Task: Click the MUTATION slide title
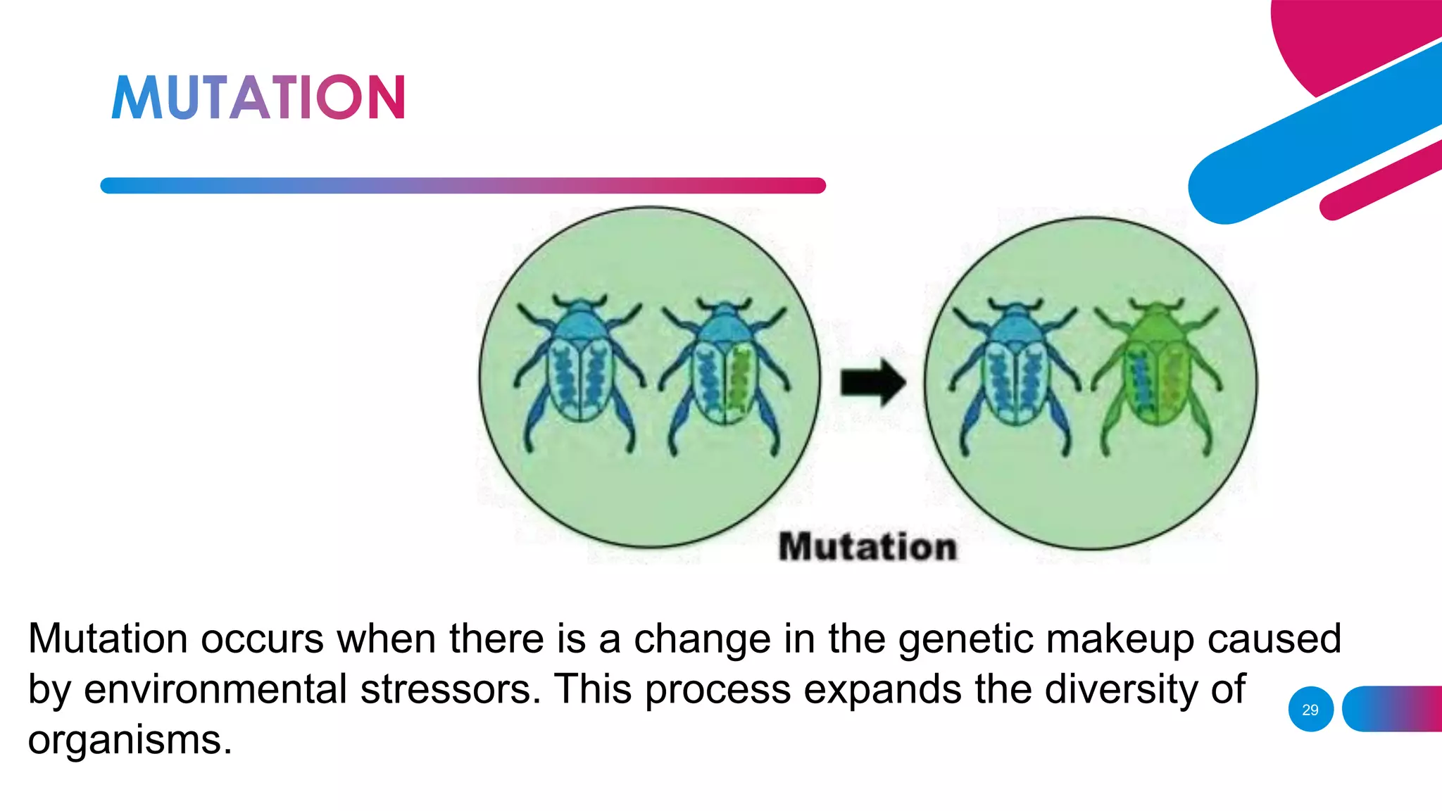pos(258,97)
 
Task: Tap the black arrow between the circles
pos(872,383)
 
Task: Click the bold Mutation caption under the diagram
pos(867,547)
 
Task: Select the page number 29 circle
pos(1310,710)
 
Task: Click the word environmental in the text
pos(215,689)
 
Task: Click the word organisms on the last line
pos(130,740)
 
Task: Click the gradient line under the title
pos(463,186)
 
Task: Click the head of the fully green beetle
pos(1157,310)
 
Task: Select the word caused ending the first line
pos(1274,639)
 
